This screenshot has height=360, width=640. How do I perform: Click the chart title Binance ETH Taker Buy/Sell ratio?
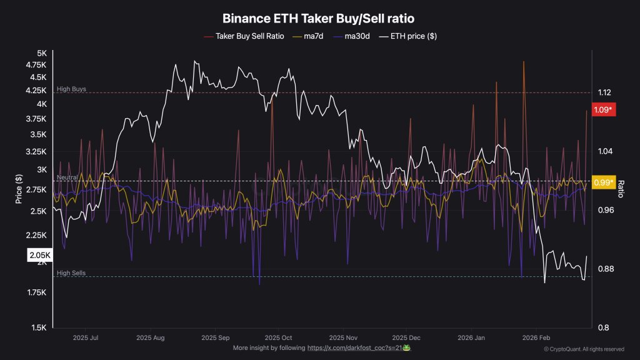tap(319, 19)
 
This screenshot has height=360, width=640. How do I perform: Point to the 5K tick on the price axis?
tap(41, 54)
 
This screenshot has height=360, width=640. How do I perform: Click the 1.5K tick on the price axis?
tap(39, 327)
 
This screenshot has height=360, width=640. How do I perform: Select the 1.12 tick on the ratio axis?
tap(604, 92)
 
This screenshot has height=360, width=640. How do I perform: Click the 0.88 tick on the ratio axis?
tap(604, 269)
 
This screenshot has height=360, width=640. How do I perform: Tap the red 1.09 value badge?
tap(603, 111)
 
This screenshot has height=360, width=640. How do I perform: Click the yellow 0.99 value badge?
tap(603, 182)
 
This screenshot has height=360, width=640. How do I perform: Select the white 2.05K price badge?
tap(39, 256)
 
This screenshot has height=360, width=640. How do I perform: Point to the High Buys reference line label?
tap(71, 89)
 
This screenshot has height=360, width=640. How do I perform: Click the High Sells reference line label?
tap(71, 273)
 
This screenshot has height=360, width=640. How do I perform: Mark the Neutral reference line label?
tap(67, 177)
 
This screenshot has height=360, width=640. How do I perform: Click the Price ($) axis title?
tap(19, 190)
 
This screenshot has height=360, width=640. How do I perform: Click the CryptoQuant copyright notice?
tap(584, 349)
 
